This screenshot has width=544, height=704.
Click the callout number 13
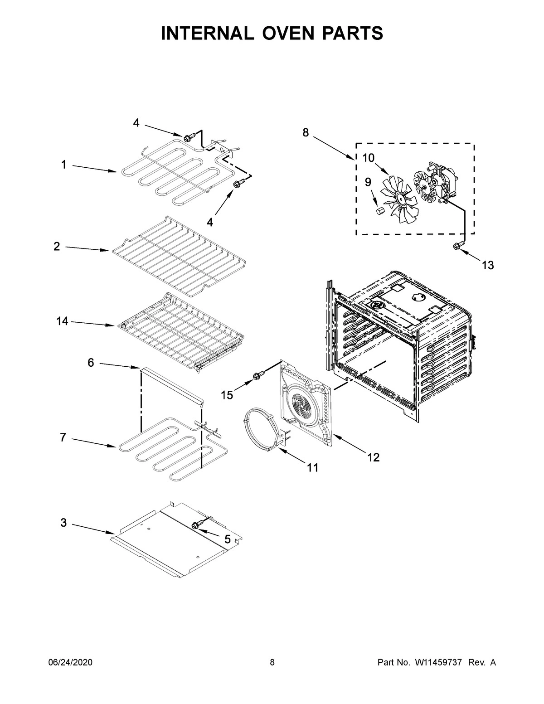click(x=487, y=265)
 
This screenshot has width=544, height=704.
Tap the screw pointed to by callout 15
click(x=256, y=376)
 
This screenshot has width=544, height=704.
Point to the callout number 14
click(x=62, y=321)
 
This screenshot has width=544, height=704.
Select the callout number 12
click(x=373, y=458)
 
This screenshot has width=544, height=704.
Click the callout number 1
click(x=64, y=165)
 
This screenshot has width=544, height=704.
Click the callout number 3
click(x=64, y=523)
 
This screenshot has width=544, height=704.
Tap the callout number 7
click(x=63, y=438)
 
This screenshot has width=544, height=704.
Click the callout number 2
click(x=57, y=247)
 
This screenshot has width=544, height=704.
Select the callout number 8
click(x=306, y=133)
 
